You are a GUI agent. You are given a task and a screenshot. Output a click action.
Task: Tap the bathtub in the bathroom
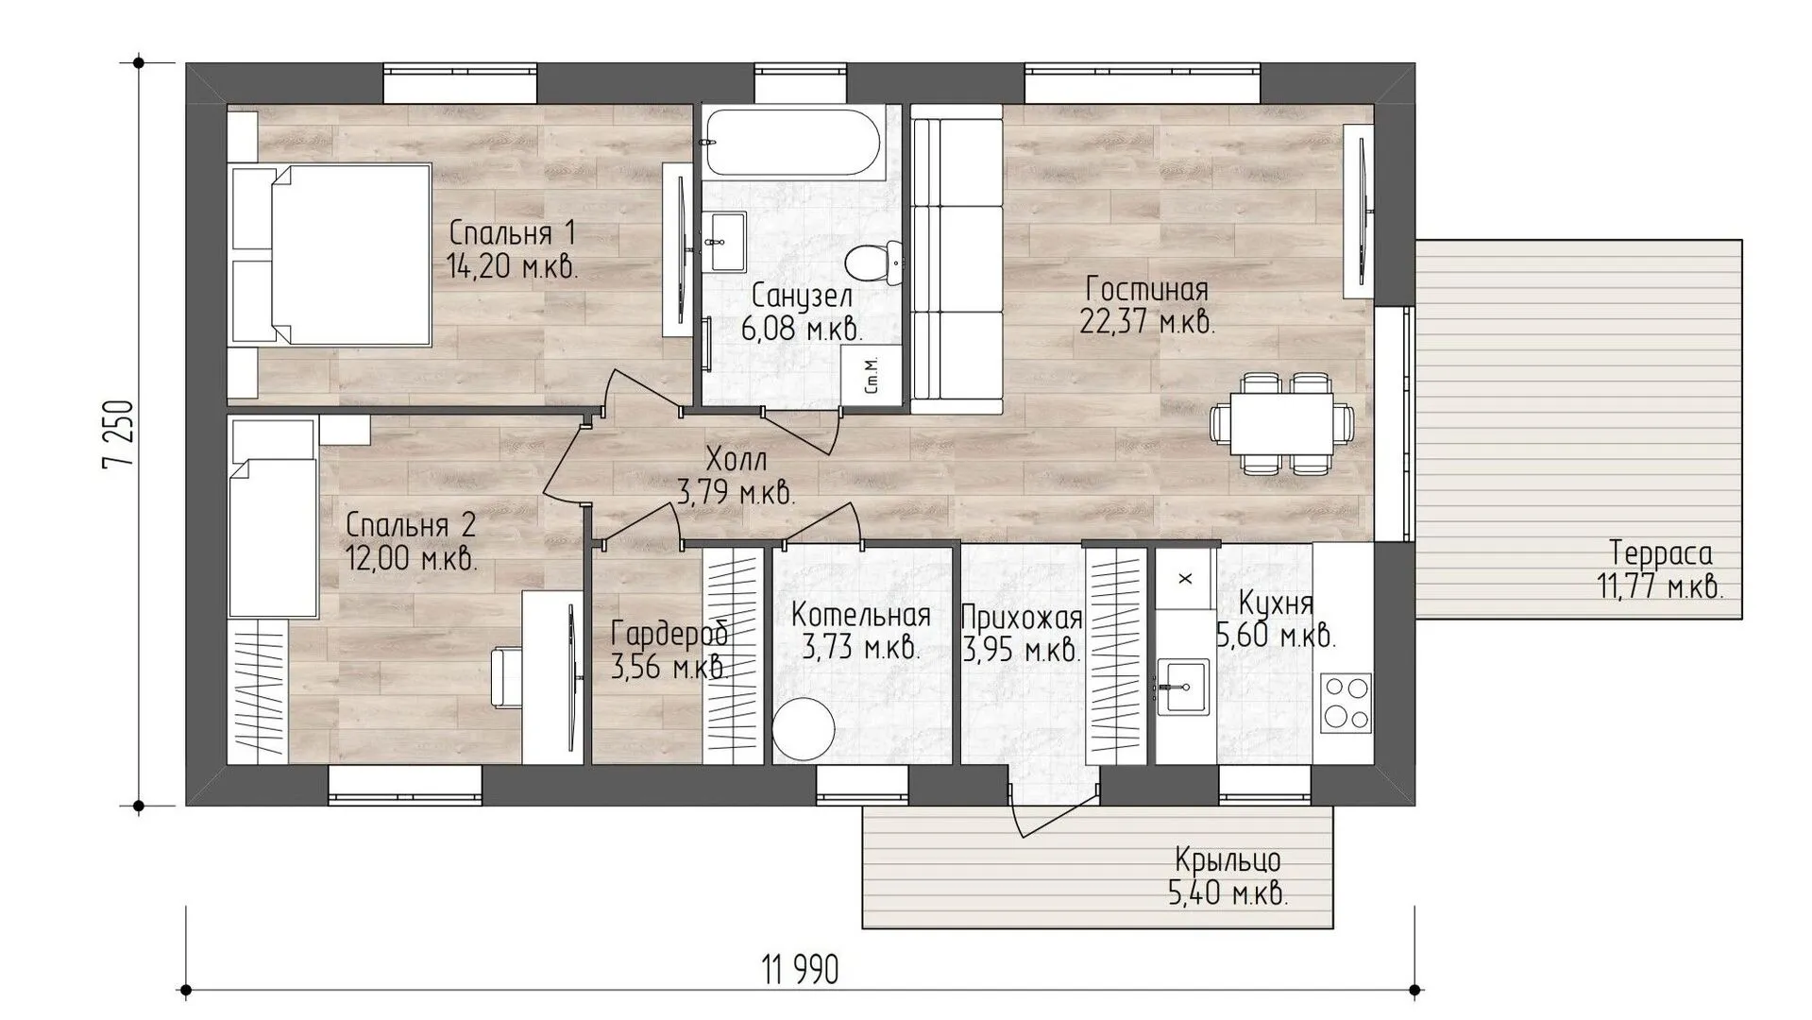793,143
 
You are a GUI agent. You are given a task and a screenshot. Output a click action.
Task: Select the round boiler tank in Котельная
804,729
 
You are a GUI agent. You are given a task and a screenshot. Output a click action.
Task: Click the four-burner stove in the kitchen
1346,702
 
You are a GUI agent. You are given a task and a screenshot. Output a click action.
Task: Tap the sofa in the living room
956,259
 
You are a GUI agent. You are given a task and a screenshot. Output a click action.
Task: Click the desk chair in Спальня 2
508,676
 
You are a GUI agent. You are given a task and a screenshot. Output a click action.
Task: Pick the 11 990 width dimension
800,969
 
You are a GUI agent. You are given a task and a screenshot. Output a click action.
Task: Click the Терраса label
1660,552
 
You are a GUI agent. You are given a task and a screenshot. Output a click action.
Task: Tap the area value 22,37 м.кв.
1146,322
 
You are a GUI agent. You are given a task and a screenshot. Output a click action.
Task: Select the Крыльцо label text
1228,860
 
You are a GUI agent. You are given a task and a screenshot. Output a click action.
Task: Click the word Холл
737,460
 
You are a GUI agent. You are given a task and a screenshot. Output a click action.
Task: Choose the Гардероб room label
669,634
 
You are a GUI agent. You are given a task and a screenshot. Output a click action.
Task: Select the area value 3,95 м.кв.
1022,651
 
